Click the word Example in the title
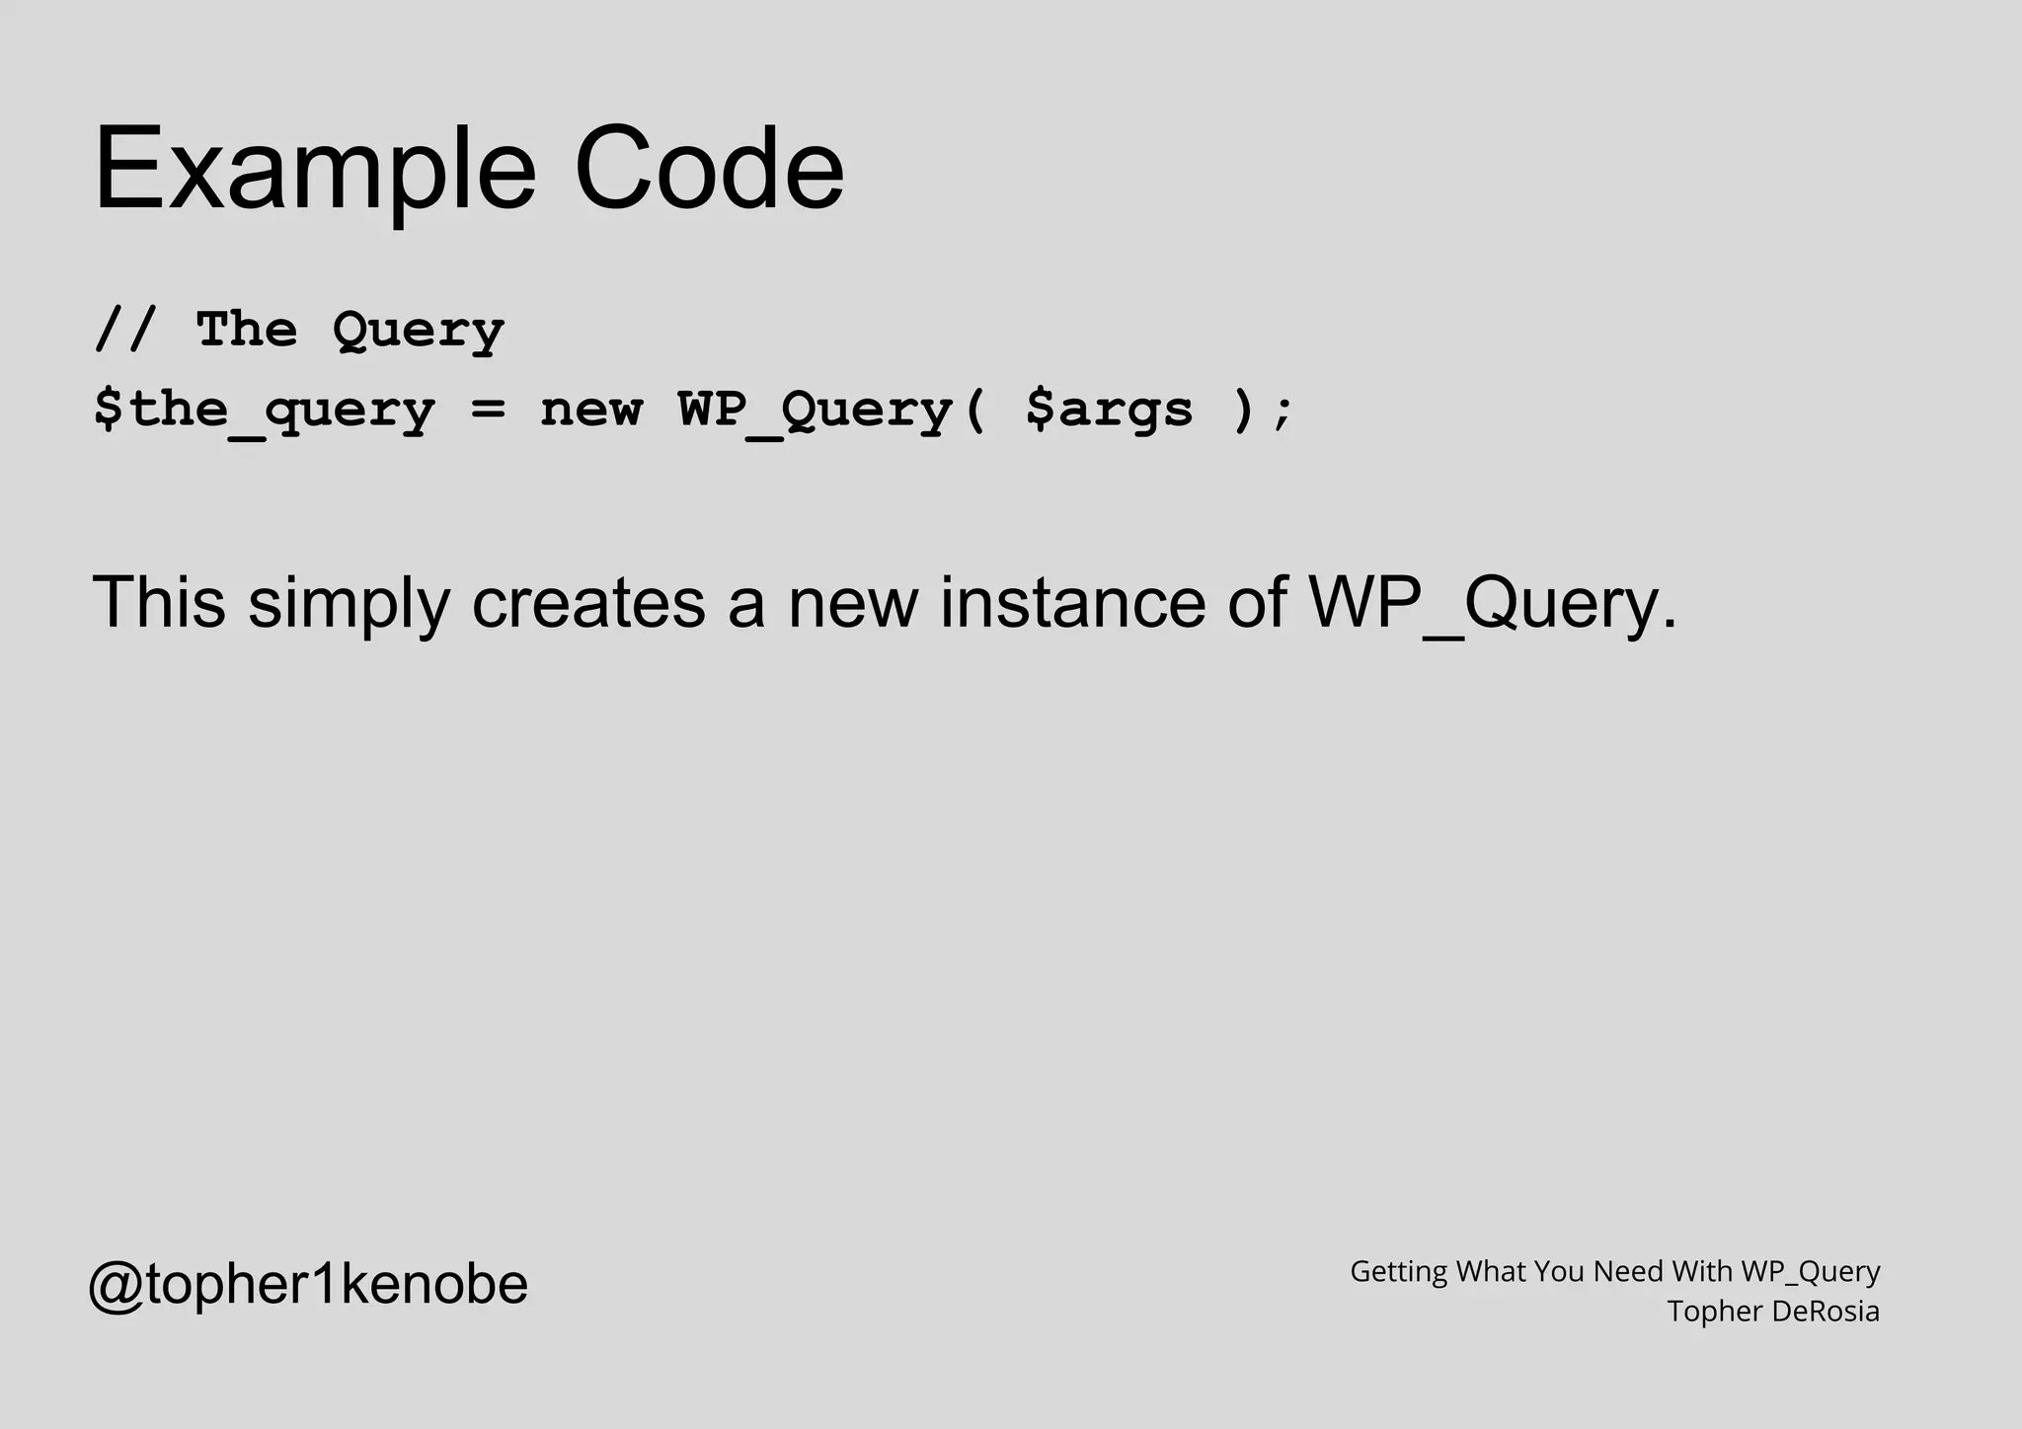pos(315,169)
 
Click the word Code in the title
pos(709,169)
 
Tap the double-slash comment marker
pos(125,329)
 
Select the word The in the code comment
pos(246,329)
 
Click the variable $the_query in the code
pos(264,410)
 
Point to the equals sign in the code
pos(488,410)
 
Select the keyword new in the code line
pos(590,410)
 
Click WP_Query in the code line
pos(816,410)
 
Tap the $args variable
pos(1109,410)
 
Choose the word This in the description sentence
pos(159,602)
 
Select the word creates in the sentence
pos(588,602)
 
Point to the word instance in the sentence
pos(1072,602)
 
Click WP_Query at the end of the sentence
pos(1491,602)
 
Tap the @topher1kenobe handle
pos(308,1284)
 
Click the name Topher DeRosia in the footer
pos(1773,1312)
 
